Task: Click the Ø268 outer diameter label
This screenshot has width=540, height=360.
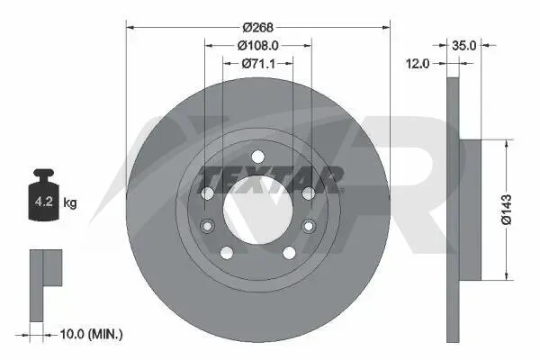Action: tap(257, 27)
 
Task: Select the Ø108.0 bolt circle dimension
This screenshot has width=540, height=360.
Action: tap(257, 45)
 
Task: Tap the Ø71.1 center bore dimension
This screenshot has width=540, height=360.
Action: tap(258, 63)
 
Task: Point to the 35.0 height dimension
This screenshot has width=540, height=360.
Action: tap(463, 45)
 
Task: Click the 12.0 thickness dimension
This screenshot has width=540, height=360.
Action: tap(418, 63)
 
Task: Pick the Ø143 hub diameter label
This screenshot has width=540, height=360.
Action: tap(507, 210)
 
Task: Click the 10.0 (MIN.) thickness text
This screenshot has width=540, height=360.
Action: tap(91, 334)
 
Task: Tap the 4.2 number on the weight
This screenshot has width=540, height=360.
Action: tap(44, 202)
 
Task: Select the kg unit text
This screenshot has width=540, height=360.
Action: tap(70, 202)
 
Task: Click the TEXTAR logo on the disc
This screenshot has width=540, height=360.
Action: tap(271, 179)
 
